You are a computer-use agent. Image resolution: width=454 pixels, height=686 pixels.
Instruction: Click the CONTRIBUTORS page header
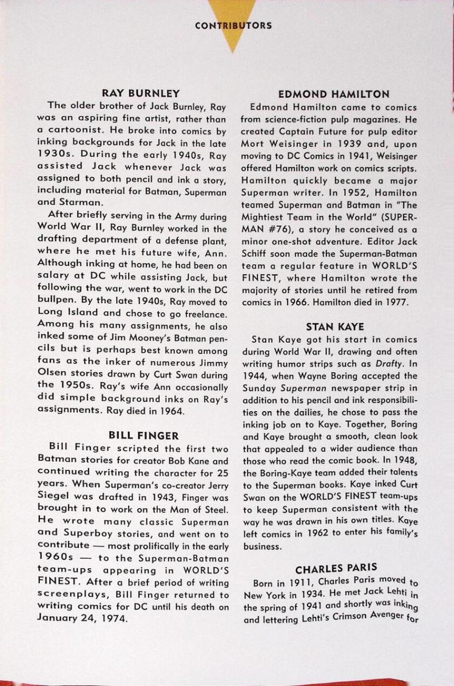click(233, 25)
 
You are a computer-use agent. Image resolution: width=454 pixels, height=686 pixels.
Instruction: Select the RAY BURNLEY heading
click(141, 93)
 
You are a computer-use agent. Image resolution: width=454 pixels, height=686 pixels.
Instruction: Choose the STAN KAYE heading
click(335, 327)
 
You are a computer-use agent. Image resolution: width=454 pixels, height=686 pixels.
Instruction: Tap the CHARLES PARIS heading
click(336, 568)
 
